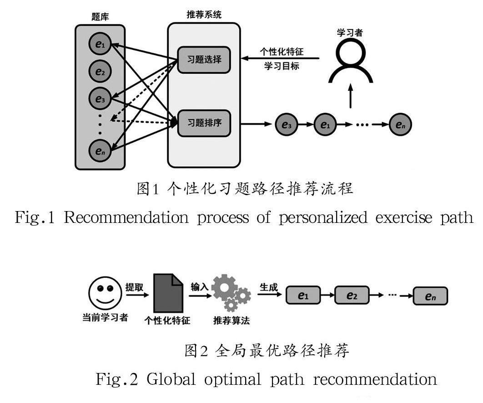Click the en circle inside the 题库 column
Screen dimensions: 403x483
point(100,151)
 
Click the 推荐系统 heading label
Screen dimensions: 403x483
point(204,15)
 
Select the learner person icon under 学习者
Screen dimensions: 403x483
point(350,61)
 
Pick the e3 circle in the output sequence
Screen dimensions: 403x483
point(287,124)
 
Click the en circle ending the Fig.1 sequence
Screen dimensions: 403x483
point(400,124)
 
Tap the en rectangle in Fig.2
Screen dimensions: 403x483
point(430,296)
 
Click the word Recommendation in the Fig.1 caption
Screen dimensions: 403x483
point(126,217)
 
